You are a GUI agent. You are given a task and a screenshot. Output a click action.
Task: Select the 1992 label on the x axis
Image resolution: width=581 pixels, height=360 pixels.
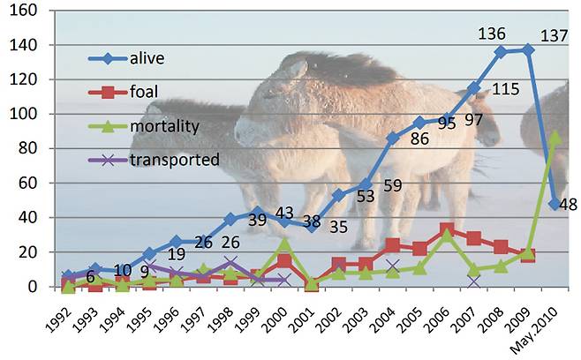[60, 317]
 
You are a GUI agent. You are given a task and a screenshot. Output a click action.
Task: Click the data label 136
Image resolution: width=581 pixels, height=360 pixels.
[491, 34]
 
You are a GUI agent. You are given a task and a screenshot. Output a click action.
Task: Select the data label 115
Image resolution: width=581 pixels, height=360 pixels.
[506, 90]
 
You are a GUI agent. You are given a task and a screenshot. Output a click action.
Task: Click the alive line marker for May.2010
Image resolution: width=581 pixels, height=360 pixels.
[555, 204]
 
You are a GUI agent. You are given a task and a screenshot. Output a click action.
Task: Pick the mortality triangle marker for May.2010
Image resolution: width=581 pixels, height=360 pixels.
[555, 138]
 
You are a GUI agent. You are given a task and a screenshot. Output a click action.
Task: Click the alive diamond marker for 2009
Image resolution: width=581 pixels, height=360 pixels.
[527, 50]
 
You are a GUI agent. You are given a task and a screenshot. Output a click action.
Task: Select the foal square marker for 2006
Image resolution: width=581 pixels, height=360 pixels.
[449, 229]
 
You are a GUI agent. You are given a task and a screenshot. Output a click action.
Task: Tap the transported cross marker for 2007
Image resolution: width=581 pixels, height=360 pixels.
[474, 281]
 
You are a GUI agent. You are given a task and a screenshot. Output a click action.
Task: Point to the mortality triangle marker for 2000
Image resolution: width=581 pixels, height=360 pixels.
[283, 243]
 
